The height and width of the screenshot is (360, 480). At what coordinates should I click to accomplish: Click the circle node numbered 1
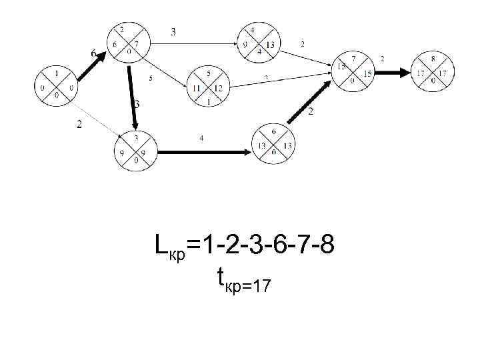click(x=56, y=84)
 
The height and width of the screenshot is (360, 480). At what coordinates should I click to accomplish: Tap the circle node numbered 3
click(x=135, y=150)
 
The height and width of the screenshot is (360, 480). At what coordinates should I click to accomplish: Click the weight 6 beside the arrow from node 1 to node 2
click(x=93, y=53)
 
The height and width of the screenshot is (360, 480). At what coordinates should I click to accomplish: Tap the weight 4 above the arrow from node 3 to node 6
click(x=202, y=138)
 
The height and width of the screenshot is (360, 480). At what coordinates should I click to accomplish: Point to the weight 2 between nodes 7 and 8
click(x=382, y=59)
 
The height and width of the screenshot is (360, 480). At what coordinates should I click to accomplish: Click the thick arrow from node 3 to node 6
click(x=203, y=152)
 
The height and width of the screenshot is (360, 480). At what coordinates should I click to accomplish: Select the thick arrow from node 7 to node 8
click(x=393, y=71)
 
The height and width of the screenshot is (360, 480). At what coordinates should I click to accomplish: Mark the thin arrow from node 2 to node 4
click(x=193, y=45)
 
